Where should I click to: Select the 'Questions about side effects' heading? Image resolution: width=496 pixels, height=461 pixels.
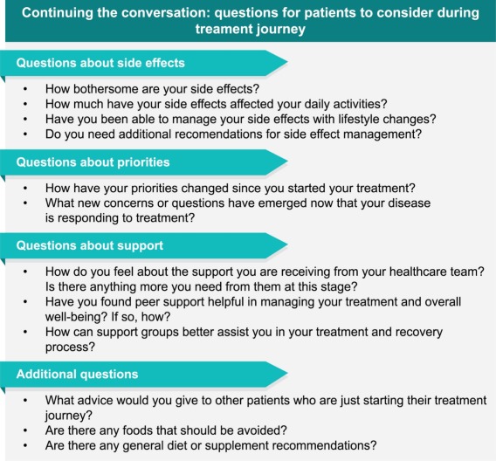click(x=100, y=63)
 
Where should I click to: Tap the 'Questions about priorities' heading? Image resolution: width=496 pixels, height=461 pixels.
click(x=93, y=162)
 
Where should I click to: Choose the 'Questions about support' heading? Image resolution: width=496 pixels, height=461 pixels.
click(x=90, y=245)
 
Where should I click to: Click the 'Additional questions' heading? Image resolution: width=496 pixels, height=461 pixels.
click(x=77, y=375)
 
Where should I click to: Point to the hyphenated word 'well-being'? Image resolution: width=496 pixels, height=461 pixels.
click(x=75, y=317)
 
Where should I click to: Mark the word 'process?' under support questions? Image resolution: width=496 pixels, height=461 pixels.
click(x=70, y=347)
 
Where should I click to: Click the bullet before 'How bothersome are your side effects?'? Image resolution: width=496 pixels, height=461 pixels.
click(x=25, y=89)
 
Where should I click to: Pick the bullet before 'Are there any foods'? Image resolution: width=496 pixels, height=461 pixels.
click(x=25, y=430)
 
